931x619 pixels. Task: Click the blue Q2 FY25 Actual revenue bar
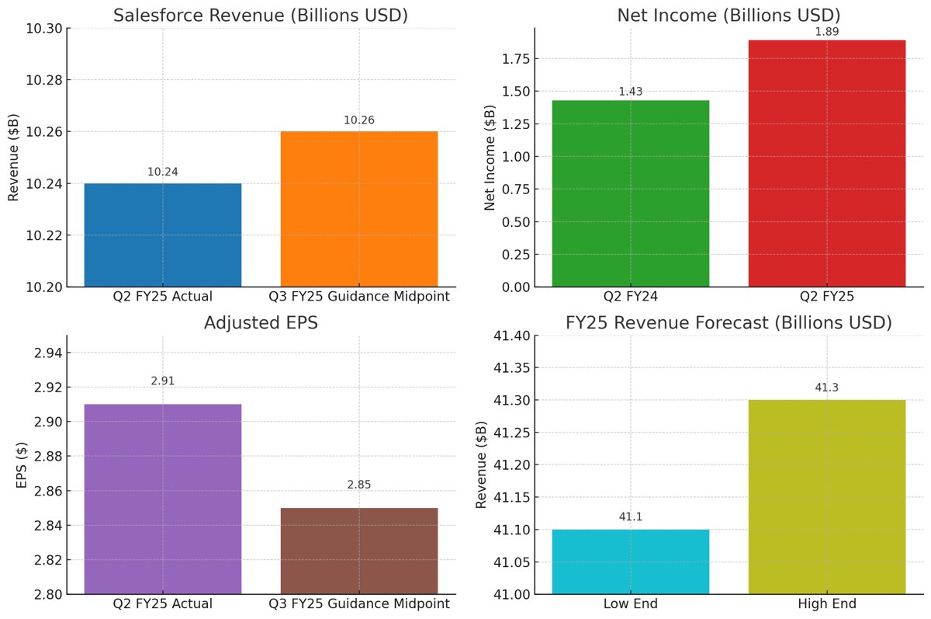click(x=163, y=235)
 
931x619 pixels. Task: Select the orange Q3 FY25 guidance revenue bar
click(x=358, y=209)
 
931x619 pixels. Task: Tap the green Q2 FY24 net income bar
click(x=630, y=193)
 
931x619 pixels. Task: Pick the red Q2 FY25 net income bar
click(x=826, y=163)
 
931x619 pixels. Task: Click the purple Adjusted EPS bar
click(x=163, y=499)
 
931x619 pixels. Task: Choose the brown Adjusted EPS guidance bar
click(x=358, y=551)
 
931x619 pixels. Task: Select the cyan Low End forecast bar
click(x=630, y=562)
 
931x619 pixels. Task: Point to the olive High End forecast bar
click(x=826, y=497)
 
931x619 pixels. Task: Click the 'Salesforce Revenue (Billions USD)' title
click(x=261, y=16)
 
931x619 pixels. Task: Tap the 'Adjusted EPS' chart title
click(x=261, y=323)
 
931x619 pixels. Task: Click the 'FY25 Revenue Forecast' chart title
click(x=729, y=322)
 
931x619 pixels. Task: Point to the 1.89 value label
click(x=826, y=32)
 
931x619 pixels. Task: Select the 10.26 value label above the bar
click(x=358, y=120)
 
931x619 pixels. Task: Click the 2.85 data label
click(x=358, y=485)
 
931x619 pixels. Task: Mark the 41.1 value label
click(x=630, y=517)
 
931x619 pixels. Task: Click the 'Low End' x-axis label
click(x=630, y=604)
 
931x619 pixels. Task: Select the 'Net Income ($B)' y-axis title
click(x=490, y=158)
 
